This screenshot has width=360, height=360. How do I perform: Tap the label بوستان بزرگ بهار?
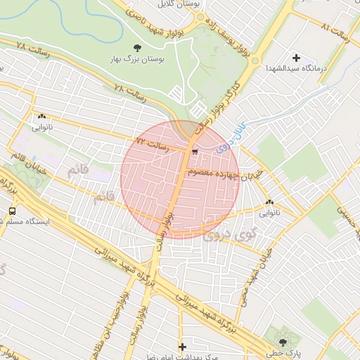(x=136, y=60)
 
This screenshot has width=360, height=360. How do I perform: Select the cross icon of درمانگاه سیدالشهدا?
(x=295, y=58)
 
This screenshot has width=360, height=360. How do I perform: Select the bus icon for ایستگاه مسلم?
(x=12, y=210)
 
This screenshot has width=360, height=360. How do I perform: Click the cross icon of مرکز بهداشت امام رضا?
(x=182, y=347)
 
